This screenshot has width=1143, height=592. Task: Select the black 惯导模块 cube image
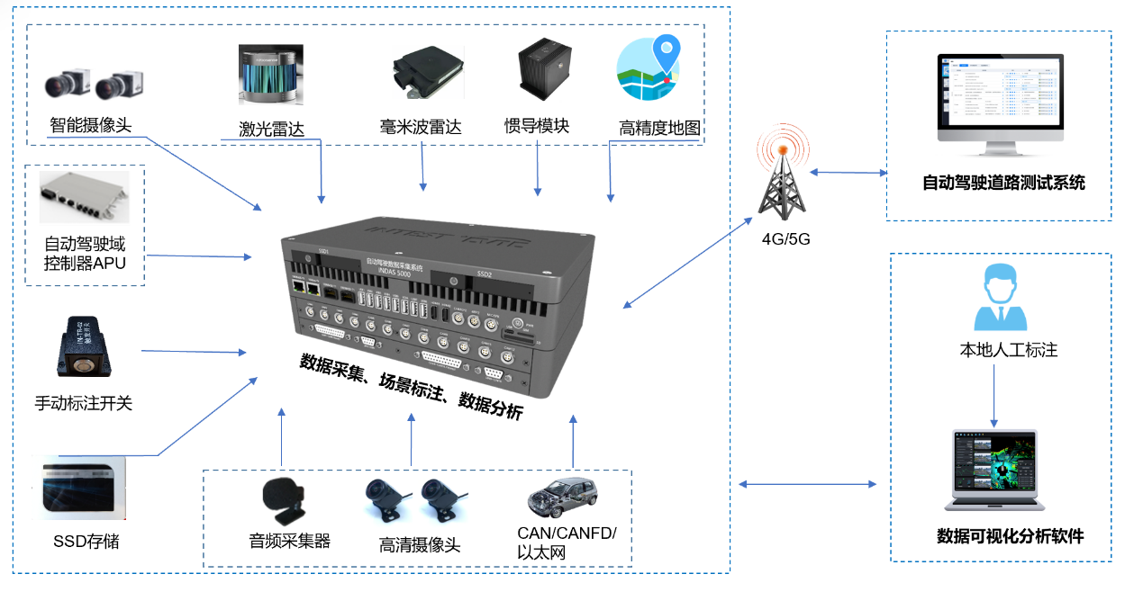tap(543, 72)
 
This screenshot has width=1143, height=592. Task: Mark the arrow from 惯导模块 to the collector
tap(538, 166)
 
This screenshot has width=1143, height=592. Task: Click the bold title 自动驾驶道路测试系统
tap(1003, 183)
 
